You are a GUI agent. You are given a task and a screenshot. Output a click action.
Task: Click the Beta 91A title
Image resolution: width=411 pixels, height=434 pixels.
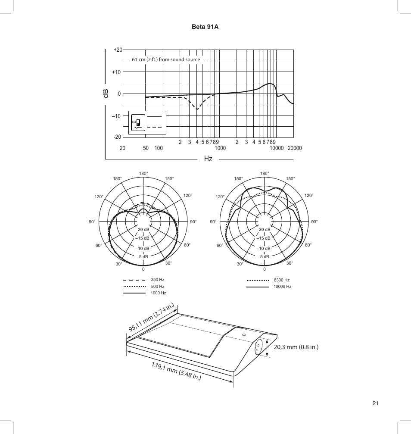click(205, 27)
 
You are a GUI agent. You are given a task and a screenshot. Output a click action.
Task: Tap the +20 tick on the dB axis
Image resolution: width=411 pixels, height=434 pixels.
click(118, 50)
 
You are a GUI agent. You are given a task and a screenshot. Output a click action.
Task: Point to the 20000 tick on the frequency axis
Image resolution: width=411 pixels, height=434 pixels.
click(295, 148)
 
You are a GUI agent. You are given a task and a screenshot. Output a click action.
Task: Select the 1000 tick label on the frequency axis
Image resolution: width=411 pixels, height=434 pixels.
click(220, 148)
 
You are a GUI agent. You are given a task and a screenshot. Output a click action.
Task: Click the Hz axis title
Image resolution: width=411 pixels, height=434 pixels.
click(208, 159)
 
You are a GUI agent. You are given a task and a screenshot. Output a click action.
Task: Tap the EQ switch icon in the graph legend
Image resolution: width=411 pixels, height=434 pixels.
click(137, 122)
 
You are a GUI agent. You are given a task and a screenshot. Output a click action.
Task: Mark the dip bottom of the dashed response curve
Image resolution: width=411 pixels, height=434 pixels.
click(197, 109)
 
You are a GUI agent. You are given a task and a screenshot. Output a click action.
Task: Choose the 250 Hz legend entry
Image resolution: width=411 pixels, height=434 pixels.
click(157, 280)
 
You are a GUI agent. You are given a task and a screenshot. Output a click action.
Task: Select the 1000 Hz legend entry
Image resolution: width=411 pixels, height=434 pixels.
click(158, 293)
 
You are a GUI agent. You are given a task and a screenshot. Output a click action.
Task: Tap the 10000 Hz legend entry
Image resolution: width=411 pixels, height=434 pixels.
click(282, 286)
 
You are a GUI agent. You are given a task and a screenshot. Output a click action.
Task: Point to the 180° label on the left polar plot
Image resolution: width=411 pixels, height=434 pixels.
click(143, 173)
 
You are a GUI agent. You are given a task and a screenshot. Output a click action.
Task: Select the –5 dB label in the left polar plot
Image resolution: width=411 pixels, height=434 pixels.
click(143, 257)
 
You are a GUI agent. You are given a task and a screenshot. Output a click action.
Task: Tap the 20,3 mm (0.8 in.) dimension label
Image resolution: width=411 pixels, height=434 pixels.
click(296, 347)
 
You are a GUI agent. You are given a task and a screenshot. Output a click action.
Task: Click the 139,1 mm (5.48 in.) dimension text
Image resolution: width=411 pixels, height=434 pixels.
click(177, 371)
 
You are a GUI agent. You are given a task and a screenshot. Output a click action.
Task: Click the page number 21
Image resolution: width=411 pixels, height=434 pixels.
click(375, 403)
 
